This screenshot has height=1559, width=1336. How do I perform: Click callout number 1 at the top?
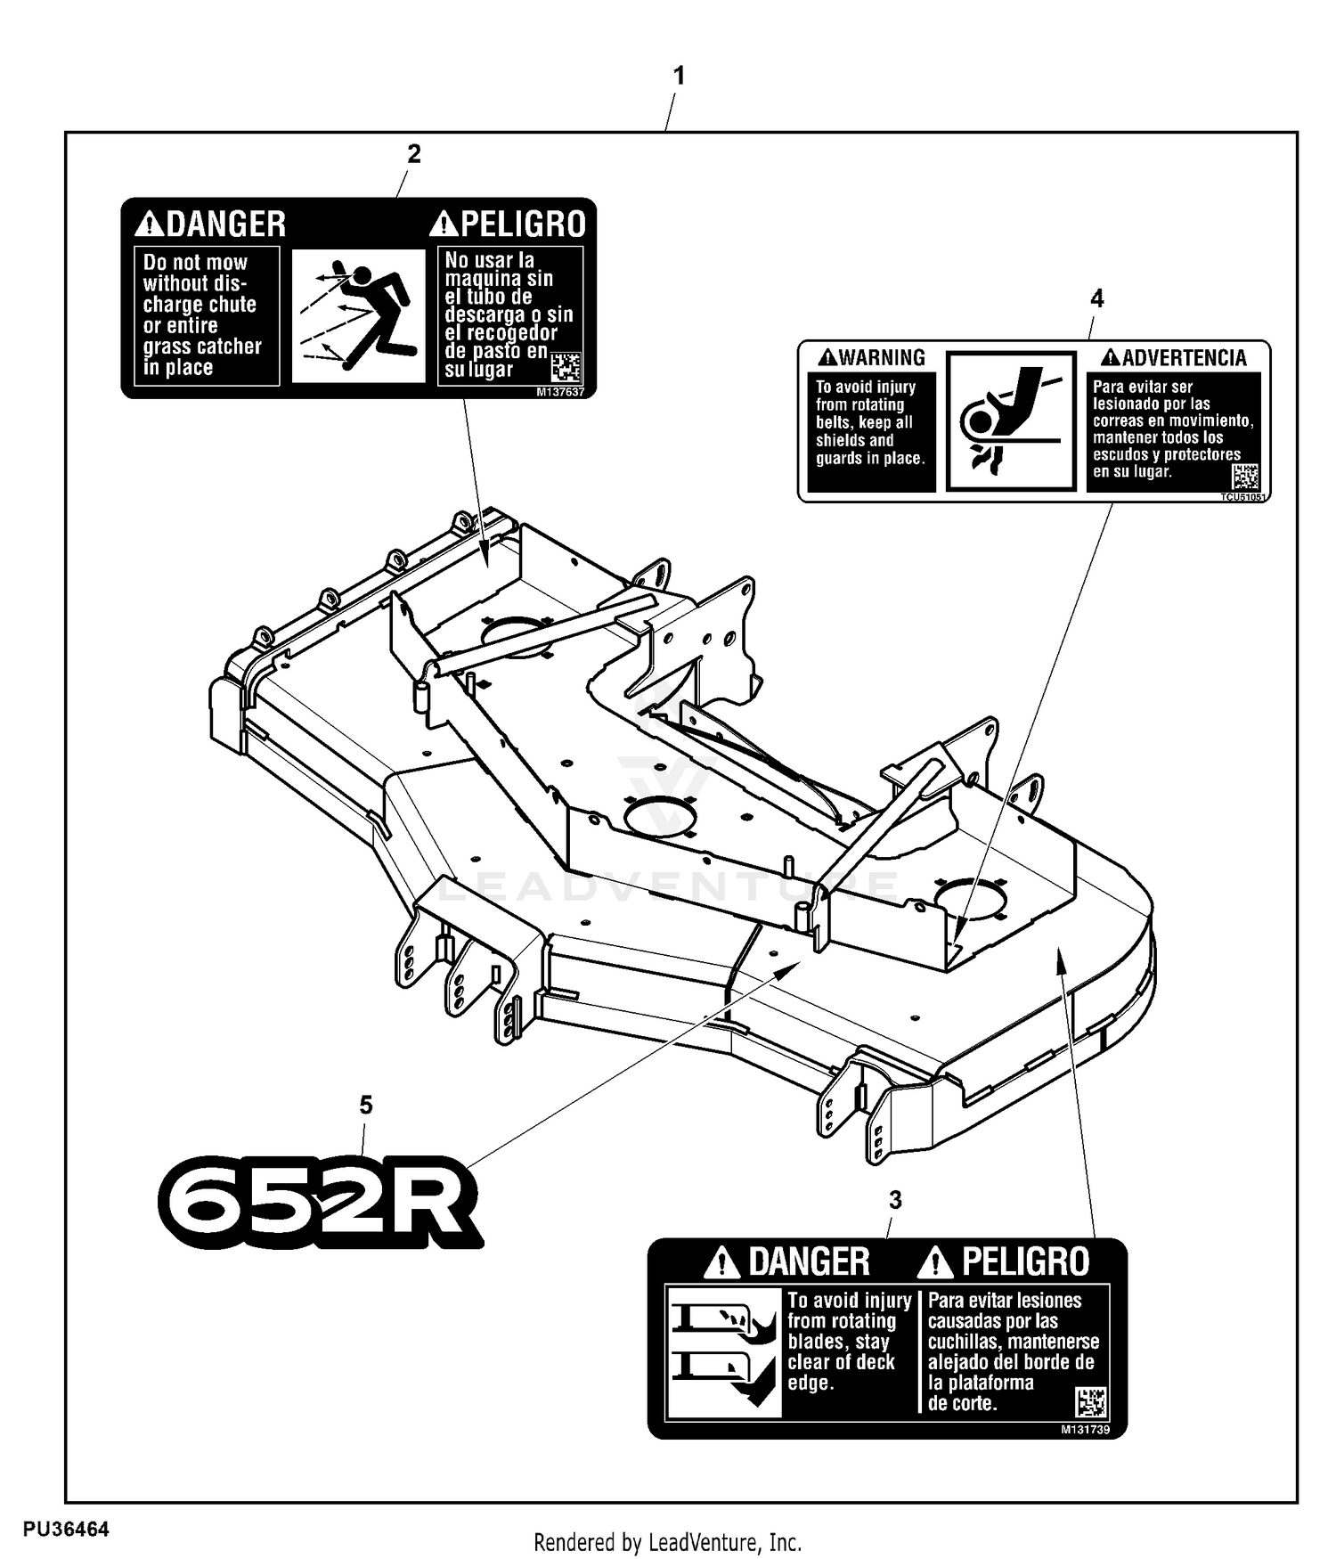tap(679, 77)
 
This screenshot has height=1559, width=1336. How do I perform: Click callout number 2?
tap(413, 154)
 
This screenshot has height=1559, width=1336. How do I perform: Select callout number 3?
tap(895, 1200)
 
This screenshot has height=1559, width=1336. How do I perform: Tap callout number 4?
tap(1096, 298)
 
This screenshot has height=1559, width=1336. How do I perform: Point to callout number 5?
tap(366, 1106)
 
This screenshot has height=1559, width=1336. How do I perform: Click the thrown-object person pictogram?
tap(358, 315)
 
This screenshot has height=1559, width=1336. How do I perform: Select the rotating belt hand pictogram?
tap(1010, 420)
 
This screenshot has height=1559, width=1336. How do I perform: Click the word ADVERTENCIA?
tap(1184, 358)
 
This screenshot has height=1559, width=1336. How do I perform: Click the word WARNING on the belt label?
tap(882, 358)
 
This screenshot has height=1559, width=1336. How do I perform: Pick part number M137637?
tap(560, 392)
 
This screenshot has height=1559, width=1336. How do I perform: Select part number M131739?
tap(1085, 1429)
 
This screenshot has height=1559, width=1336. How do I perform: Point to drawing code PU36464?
tap(67, 1530)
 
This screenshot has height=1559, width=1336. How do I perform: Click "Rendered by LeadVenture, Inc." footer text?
tap(667, 1542)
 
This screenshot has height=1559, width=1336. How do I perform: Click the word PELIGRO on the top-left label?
tap(523, 224)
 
